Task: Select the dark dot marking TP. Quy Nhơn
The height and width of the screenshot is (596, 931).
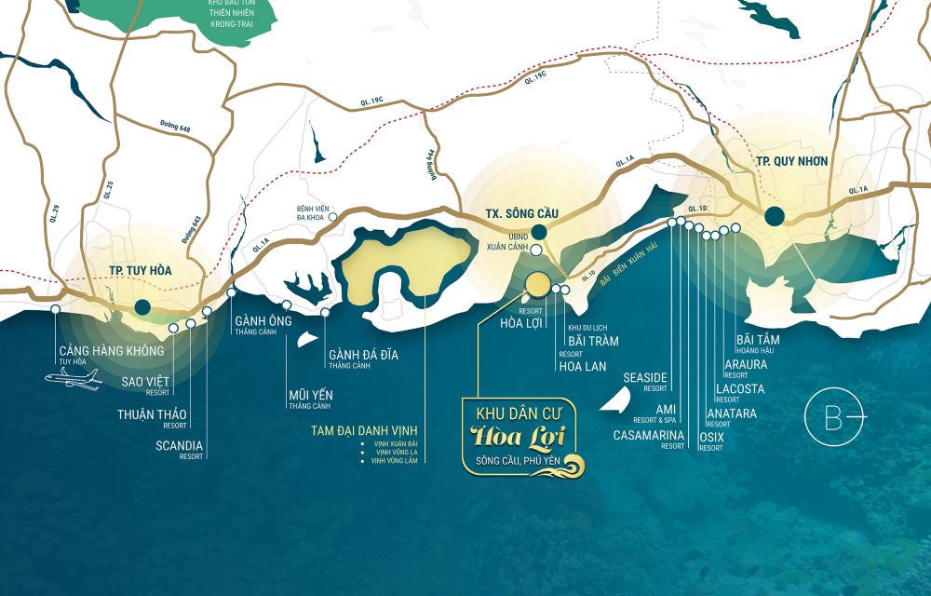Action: pos(774,217)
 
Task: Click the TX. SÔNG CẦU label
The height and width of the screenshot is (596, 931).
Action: pos(521,214)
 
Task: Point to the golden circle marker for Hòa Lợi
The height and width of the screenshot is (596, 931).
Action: pos(538,284)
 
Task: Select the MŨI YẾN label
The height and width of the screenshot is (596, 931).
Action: pos(310,395)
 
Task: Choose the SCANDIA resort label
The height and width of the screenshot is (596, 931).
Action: pos(179,445)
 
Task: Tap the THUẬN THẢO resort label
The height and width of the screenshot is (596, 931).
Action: pos(152,414)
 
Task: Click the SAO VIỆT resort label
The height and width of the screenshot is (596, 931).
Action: pos(145,382)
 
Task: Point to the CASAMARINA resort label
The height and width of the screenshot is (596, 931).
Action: pos(648,435)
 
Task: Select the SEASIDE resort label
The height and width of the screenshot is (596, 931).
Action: pos(645,377)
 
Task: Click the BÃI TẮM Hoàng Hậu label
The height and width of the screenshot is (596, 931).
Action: pos(758,340)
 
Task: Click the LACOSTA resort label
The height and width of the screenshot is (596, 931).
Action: pos(739,388)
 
